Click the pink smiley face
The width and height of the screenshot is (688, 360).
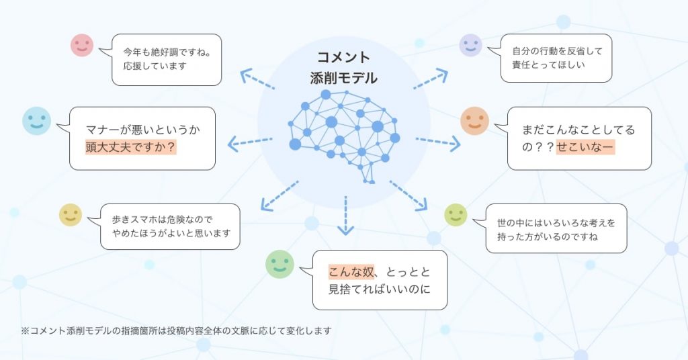(x=82, y=45)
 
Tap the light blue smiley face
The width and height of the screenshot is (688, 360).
(x=36, y=121)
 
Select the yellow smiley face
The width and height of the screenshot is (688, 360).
(x=71, y=215)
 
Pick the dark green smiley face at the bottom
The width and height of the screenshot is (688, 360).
(x=279, y=264)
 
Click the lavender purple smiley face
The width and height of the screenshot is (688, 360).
(x=471, y=45)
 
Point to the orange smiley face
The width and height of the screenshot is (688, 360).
(x=475, y=121)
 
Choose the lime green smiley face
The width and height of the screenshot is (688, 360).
(x=456, y=215)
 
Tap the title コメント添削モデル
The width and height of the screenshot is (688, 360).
(x=343, y=68)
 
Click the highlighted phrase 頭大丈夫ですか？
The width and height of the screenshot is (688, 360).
(x=131, y=147)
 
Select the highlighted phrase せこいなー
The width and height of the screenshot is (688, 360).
(x=585, y=147)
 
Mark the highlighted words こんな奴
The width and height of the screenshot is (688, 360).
(x=351, y=272)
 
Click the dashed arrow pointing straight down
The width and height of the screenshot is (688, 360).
(x=346, y=216)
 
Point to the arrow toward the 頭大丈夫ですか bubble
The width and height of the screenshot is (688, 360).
(x=250, y=142)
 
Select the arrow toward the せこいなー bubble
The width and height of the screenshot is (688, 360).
(x=438, y=142)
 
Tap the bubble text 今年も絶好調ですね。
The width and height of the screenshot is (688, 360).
(x=167, y=52)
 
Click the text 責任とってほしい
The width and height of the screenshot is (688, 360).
(x=548, y=65)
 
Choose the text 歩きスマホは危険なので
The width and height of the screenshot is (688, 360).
(x=162, y=219)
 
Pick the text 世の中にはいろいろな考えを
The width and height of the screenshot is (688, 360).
(x=556, y=223)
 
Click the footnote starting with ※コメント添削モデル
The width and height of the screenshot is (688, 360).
(x=176, y=330)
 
